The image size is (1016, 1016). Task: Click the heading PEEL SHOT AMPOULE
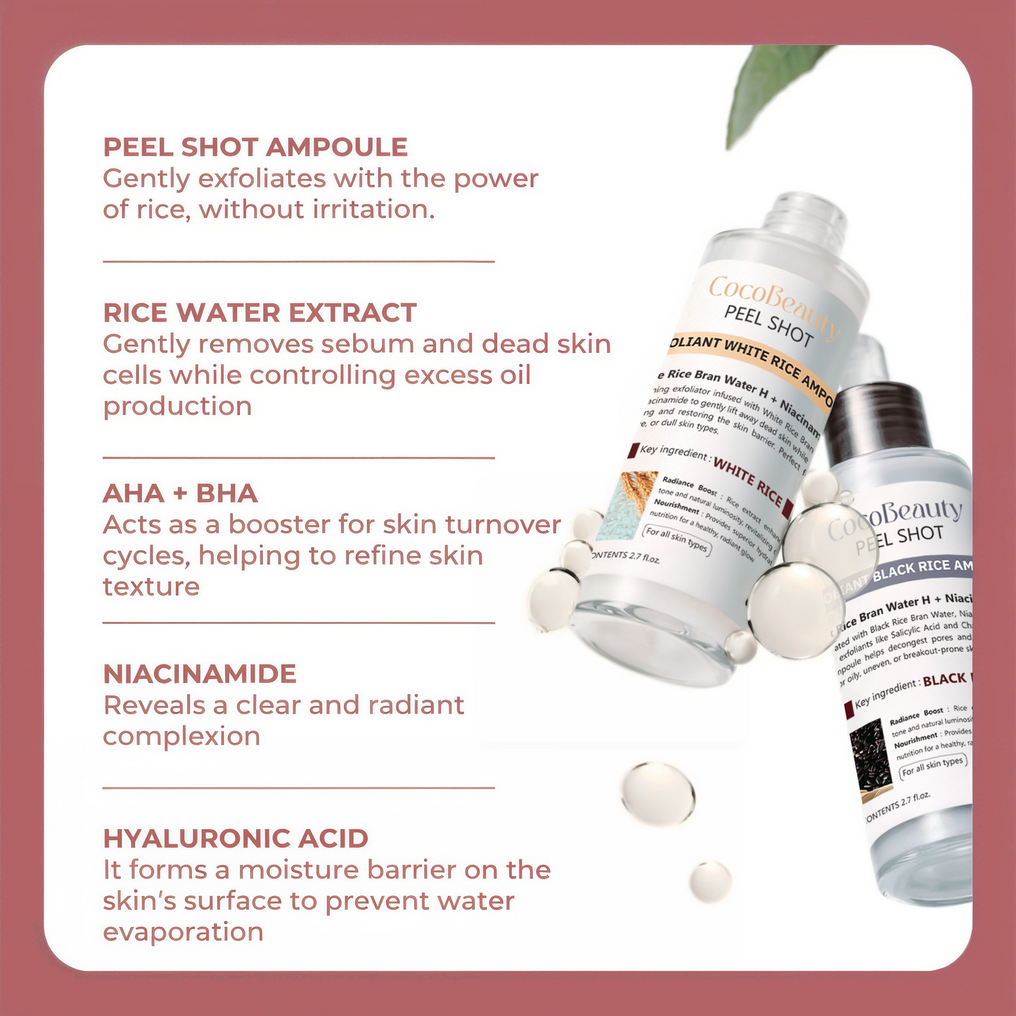[255, 147]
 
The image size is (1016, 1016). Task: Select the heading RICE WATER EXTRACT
[260, 313]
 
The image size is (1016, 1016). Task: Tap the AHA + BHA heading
[180, 494]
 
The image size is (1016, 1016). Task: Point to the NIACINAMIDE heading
[200, 674]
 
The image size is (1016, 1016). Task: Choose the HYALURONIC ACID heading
[236, 839]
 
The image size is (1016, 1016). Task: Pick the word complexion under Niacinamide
[181, 736]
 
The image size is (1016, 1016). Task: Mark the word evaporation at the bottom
[183, 932]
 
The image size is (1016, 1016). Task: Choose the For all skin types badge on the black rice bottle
[933, 766]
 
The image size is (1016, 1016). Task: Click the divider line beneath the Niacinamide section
[299, 788]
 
